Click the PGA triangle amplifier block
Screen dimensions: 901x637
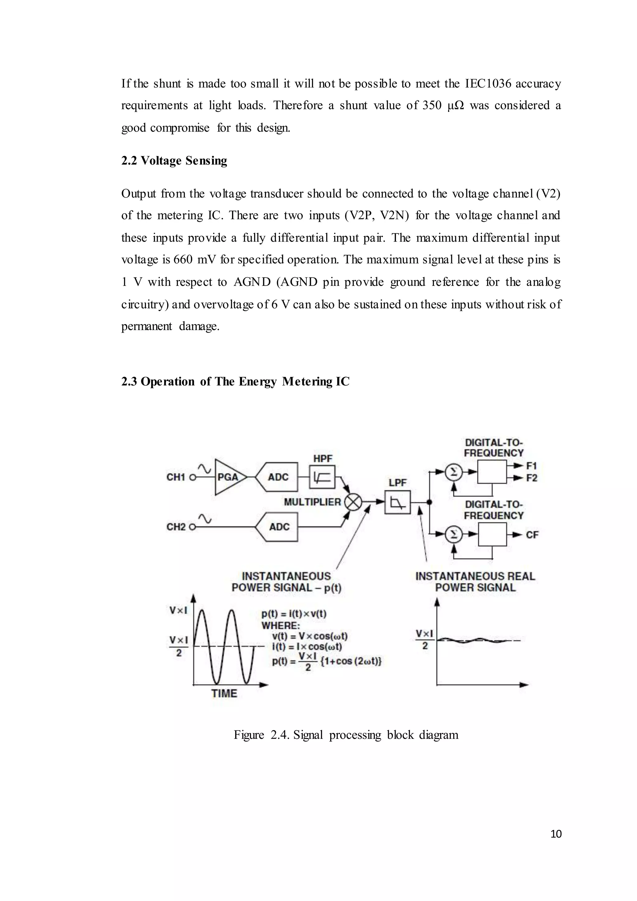point(229,477)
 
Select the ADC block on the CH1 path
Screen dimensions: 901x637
point(278,477)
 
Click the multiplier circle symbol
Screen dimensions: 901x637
point(353,502)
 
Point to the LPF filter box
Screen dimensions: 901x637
point(397,502)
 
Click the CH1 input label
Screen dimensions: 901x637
point(175,477)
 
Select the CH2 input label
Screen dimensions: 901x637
point(175,527)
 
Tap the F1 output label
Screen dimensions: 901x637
point(532,466)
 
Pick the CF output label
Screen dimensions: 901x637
point(532,535)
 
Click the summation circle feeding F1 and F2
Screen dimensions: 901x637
point(454,472)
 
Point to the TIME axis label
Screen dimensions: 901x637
point(224,693)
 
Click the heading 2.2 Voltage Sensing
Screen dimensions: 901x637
point(174,161)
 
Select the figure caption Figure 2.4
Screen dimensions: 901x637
point(346,735)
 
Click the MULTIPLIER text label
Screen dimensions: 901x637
point(312,502)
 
